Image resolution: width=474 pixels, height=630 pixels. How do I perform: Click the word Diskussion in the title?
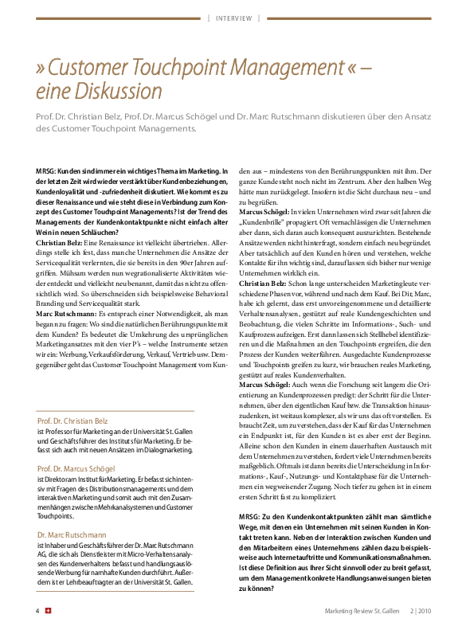tap(112, 90)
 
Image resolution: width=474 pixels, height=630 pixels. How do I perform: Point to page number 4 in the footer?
tap(37, 611)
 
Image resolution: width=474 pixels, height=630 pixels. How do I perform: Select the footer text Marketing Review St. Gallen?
tap(362, 611)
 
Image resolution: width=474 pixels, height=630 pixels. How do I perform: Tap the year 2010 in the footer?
tap(425, 611)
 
